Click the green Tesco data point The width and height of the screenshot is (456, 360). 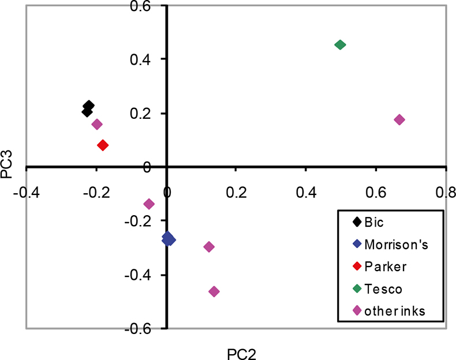pos(340,44)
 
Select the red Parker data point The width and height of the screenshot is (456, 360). pos(103,145)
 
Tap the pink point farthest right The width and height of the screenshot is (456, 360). pos(399,119)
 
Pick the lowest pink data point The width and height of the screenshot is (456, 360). pos(214,292)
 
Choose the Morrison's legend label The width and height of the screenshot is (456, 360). pos(395,244)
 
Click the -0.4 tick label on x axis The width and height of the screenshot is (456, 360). pos(25,192)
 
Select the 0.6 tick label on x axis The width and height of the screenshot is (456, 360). pos(376,192)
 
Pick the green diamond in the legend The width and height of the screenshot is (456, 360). pos(357,288)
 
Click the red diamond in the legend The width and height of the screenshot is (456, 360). pos(357,266)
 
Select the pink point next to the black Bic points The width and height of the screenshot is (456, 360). pos(97,124)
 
